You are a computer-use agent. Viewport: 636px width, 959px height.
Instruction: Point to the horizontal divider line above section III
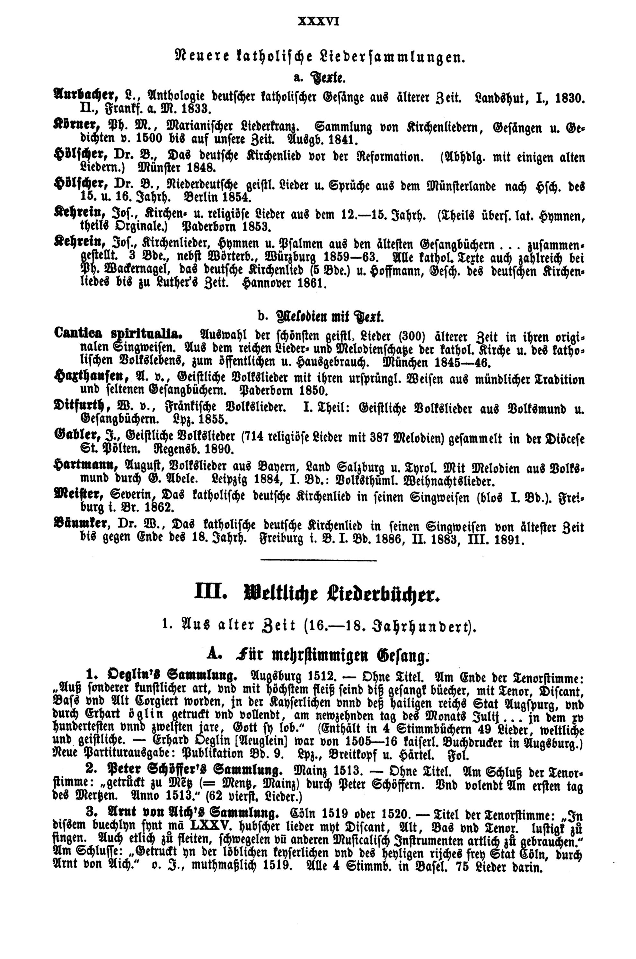pos(318,561)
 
